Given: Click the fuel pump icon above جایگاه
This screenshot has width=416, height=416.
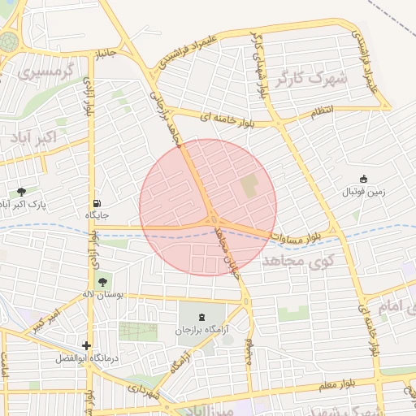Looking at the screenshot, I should [97, 203].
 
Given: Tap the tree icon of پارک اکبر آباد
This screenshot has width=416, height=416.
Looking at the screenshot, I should [21, 192].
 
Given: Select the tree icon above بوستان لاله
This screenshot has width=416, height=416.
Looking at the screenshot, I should [102, 283].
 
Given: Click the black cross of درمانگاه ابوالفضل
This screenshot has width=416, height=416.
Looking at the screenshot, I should [86, 345].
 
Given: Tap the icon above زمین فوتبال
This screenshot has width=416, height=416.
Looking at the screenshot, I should [363, 179].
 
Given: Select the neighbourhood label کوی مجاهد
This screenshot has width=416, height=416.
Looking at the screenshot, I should [294, 260].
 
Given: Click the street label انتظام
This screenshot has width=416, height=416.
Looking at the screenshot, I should [321, 114].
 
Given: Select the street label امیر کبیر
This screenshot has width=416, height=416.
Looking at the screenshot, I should [44, 319].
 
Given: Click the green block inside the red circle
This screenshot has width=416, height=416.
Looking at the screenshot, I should [249, 186].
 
